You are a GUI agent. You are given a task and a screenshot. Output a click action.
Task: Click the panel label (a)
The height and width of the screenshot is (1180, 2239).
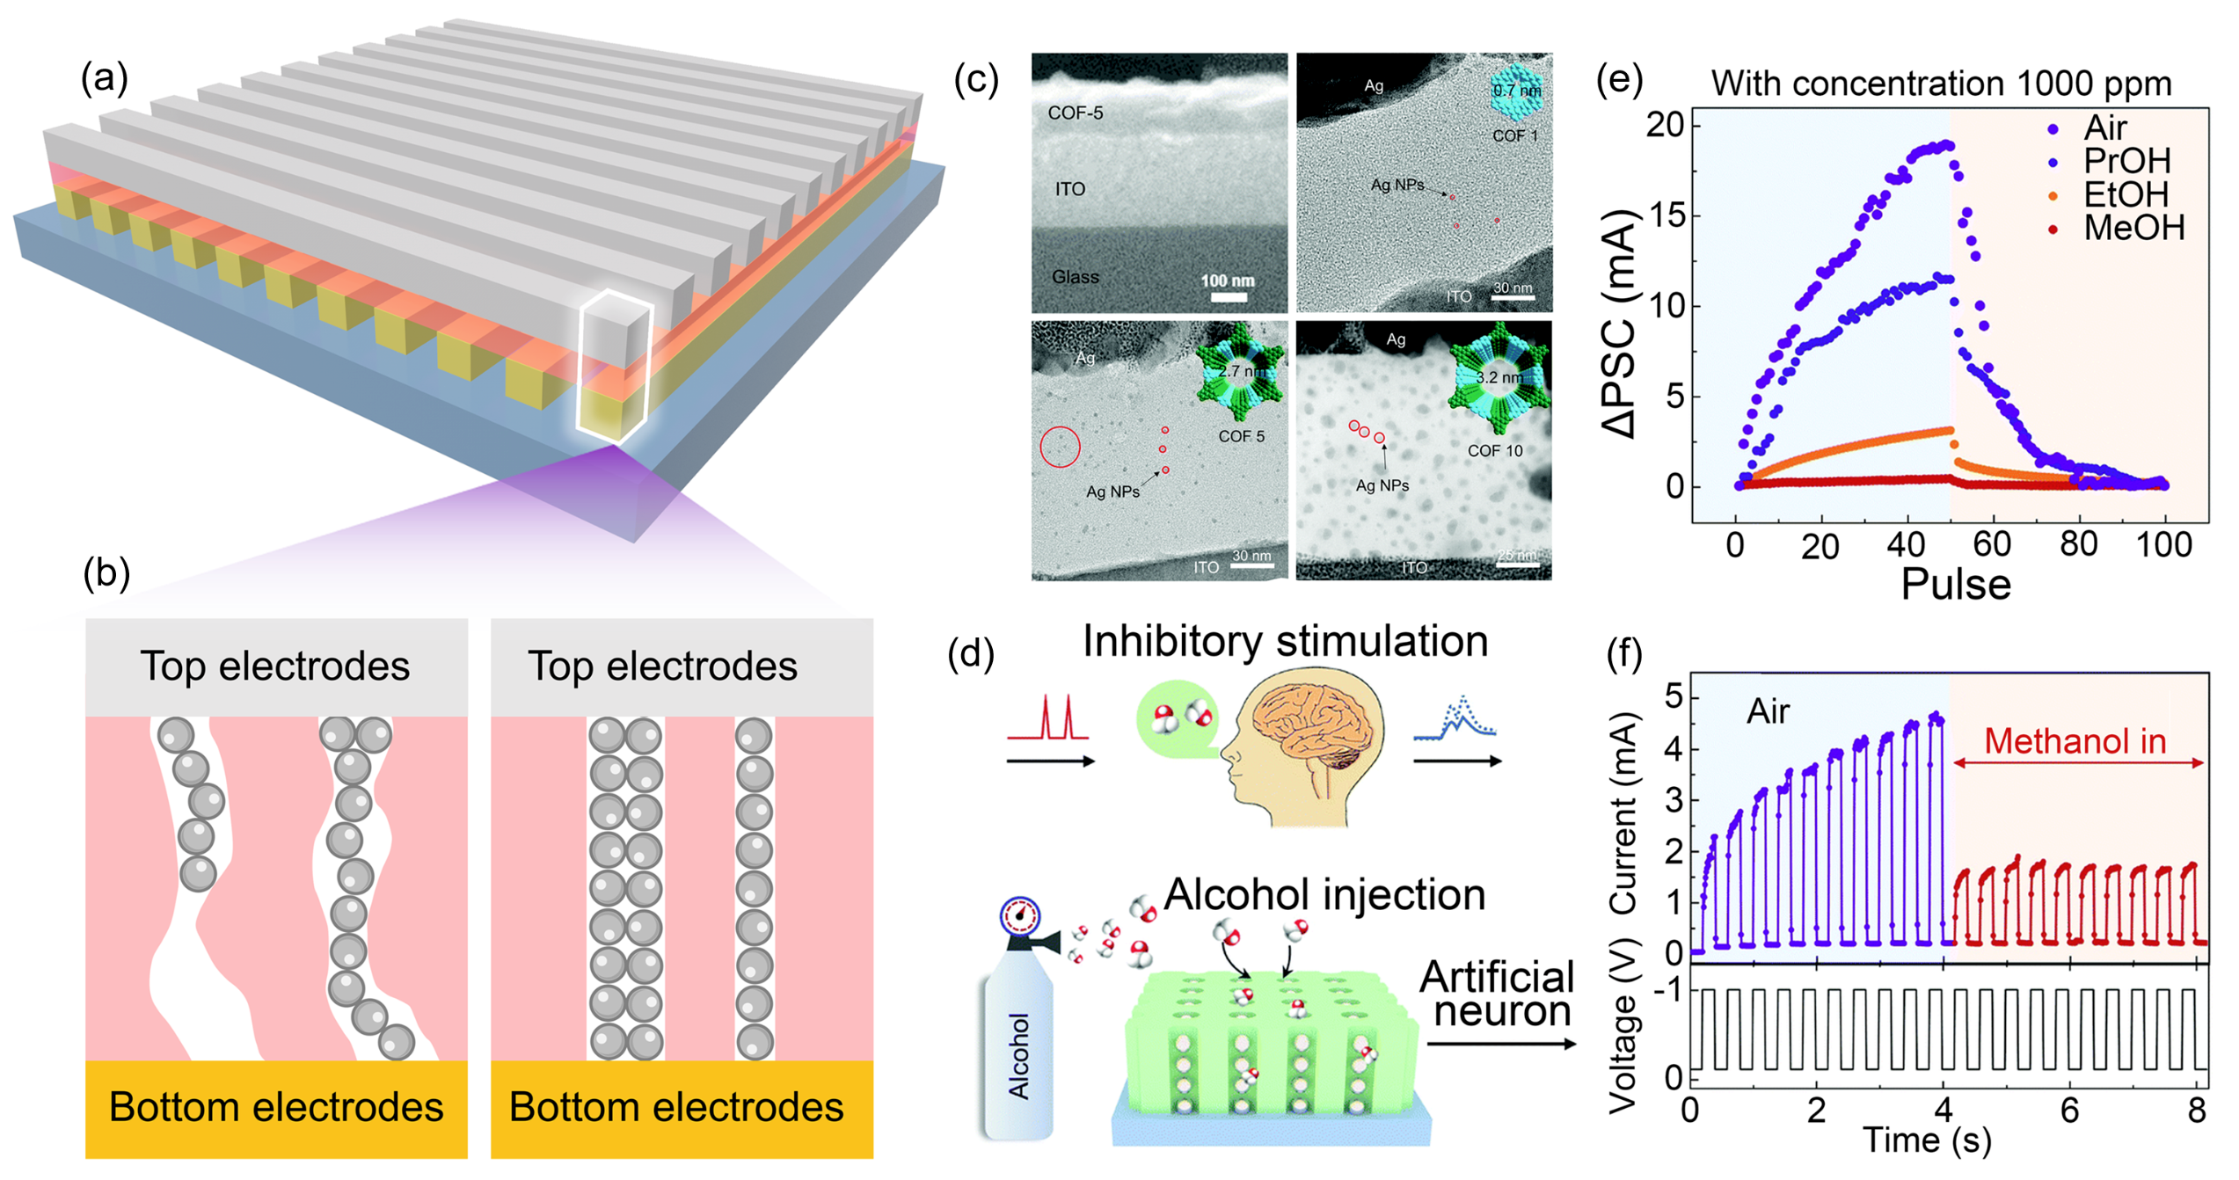coord(105,79)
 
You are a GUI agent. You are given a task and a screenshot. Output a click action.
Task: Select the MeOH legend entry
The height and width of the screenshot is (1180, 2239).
coord(2133,229)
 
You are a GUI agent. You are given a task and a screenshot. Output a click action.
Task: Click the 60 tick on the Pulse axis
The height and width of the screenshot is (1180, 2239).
coord(1992,545)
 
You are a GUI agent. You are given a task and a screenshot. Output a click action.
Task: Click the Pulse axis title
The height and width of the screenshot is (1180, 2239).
coord(1956,585)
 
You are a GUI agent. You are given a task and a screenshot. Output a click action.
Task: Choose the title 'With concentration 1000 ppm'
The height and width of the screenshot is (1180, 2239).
coord(1941,84)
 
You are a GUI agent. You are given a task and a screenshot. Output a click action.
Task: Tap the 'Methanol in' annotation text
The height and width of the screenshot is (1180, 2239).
coord(2075,742)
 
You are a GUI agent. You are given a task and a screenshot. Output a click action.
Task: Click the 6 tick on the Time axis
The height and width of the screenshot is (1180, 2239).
coord(2069,1111)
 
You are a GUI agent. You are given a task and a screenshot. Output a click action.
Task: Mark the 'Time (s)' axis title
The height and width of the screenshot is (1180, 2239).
coord(1927,1140)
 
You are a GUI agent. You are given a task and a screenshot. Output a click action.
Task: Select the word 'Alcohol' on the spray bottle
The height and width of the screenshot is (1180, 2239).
coord(1018,1055)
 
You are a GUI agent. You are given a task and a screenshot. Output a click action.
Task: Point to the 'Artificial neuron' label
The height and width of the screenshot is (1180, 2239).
coord(1498,994)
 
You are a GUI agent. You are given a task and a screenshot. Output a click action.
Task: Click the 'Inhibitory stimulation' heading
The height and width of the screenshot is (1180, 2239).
coord(1285,640)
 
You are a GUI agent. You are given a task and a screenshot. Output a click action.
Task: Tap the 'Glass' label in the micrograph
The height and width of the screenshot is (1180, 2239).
coord(1075,277)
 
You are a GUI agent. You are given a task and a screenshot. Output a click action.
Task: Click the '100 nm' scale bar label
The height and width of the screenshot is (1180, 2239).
coord(1228,281)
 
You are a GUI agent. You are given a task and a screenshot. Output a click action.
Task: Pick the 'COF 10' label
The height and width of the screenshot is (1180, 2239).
coord(1494,451)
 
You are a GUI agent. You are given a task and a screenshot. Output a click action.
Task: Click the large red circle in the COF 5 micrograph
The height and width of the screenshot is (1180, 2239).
coord(1060,447)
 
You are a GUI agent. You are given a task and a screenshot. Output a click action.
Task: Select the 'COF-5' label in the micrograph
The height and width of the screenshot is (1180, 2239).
coord(1075,113)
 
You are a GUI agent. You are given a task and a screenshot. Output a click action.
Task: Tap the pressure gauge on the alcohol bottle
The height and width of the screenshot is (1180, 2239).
coord(1020,916)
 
